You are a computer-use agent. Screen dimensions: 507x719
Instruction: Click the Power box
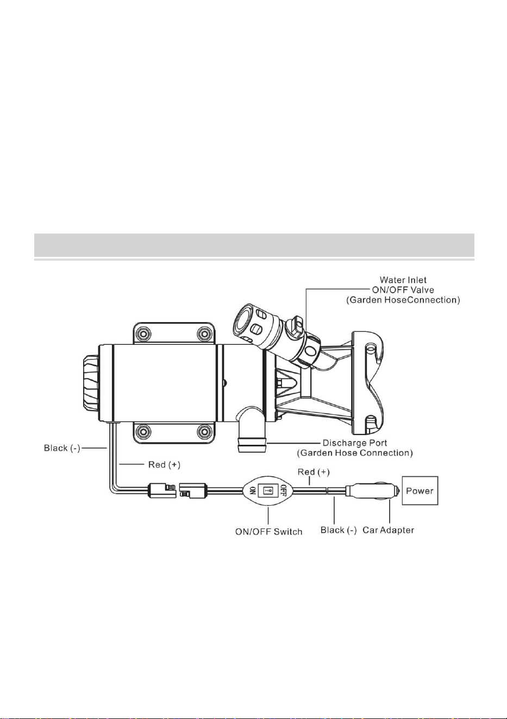point(420,490)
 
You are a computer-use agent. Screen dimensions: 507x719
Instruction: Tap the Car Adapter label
point(388,530)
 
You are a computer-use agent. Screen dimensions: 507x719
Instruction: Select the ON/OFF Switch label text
point(268,532)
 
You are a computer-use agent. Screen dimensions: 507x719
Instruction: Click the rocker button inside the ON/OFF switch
point(268,490)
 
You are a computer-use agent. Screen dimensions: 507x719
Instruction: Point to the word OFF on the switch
point(283,490)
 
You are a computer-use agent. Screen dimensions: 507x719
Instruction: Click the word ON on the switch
point(253,490)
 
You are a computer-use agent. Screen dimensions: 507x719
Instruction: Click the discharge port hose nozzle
point(252,445)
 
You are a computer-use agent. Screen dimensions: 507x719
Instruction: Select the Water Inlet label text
point(403,280)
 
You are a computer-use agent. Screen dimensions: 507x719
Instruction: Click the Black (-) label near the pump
point(62,448)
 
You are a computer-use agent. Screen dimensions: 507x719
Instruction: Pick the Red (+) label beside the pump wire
point(164,464)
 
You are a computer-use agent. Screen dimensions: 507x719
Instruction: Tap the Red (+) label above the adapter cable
point(314,472)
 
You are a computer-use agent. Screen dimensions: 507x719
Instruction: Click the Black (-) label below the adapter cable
point(339,530)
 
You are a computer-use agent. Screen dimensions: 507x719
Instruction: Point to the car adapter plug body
point(373,491)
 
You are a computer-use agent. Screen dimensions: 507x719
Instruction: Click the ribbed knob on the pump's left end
point(91,383)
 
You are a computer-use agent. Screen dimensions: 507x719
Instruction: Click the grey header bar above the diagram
point(254,245)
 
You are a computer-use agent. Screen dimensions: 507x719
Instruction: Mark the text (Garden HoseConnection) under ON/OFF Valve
point(403,300)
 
